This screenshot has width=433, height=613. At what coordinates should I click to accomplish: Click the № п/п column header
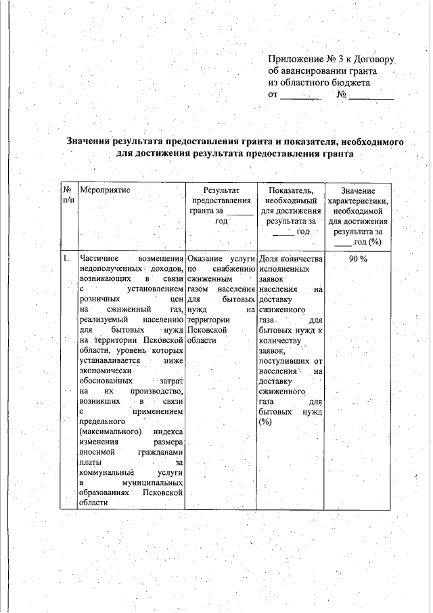pyautogui.click(x=67, y=196)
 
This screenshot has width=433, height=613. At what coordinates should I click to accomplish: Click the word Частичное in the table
pyautogui.click(x=99, y=259)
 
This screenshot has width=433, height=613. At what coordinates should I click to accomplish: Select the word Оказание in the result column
pyautogui.click(x=207, y=259)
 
